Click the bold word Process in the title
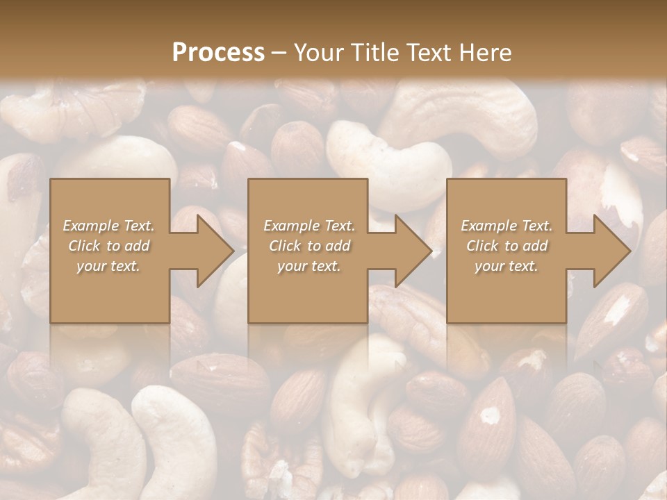(218, 53)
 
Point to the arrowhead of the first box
(215, 251)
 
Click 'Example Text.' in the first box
(109, 226)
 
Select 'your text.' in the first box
(109, 266)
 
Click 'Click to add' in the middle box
(309, 246)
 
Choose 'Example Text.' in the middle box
(309, 226)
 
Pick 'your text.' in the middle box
(309, 266)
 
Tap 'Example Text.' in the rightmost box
(507, 226)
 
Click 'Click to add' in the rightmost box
(507, 246)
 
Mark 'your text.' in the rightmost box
(507, 266)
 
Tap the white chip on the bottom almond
(491, 415)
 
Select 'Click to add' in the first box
(109, 246)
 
